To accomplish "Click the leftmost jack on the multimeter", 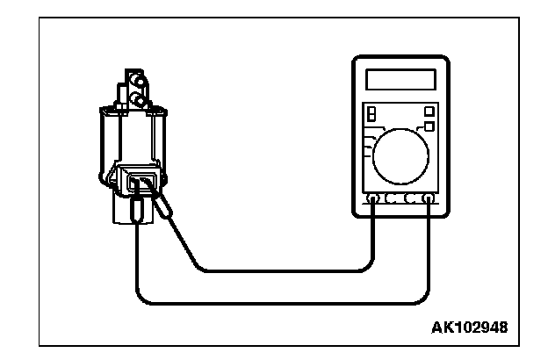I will click(373, 200).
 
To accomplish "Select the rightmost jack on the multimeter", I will click(428, 200).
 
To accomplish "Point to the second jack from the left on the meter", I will click(391, 200).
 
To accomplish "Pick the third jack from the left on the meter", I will click(410, 200).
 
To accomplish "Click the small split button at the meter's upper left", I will click(371, 114).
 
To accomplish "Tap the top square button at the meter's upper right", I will click(429, 111).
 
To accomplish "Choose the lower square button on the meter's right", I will click(429, 126).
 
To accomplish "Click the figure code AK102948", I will click(469, 328).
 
